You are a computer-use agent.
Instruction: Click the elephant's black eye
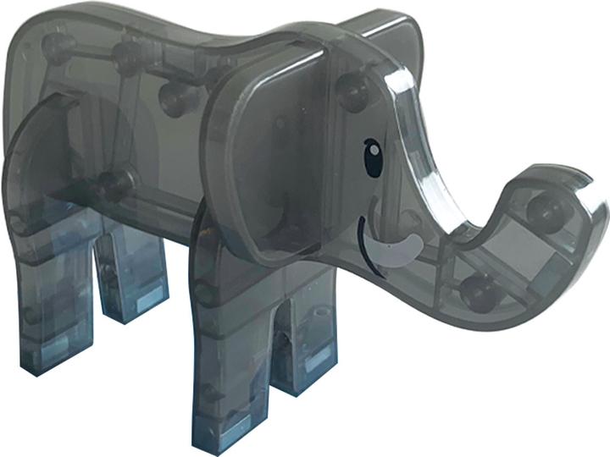click(373, 158)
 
